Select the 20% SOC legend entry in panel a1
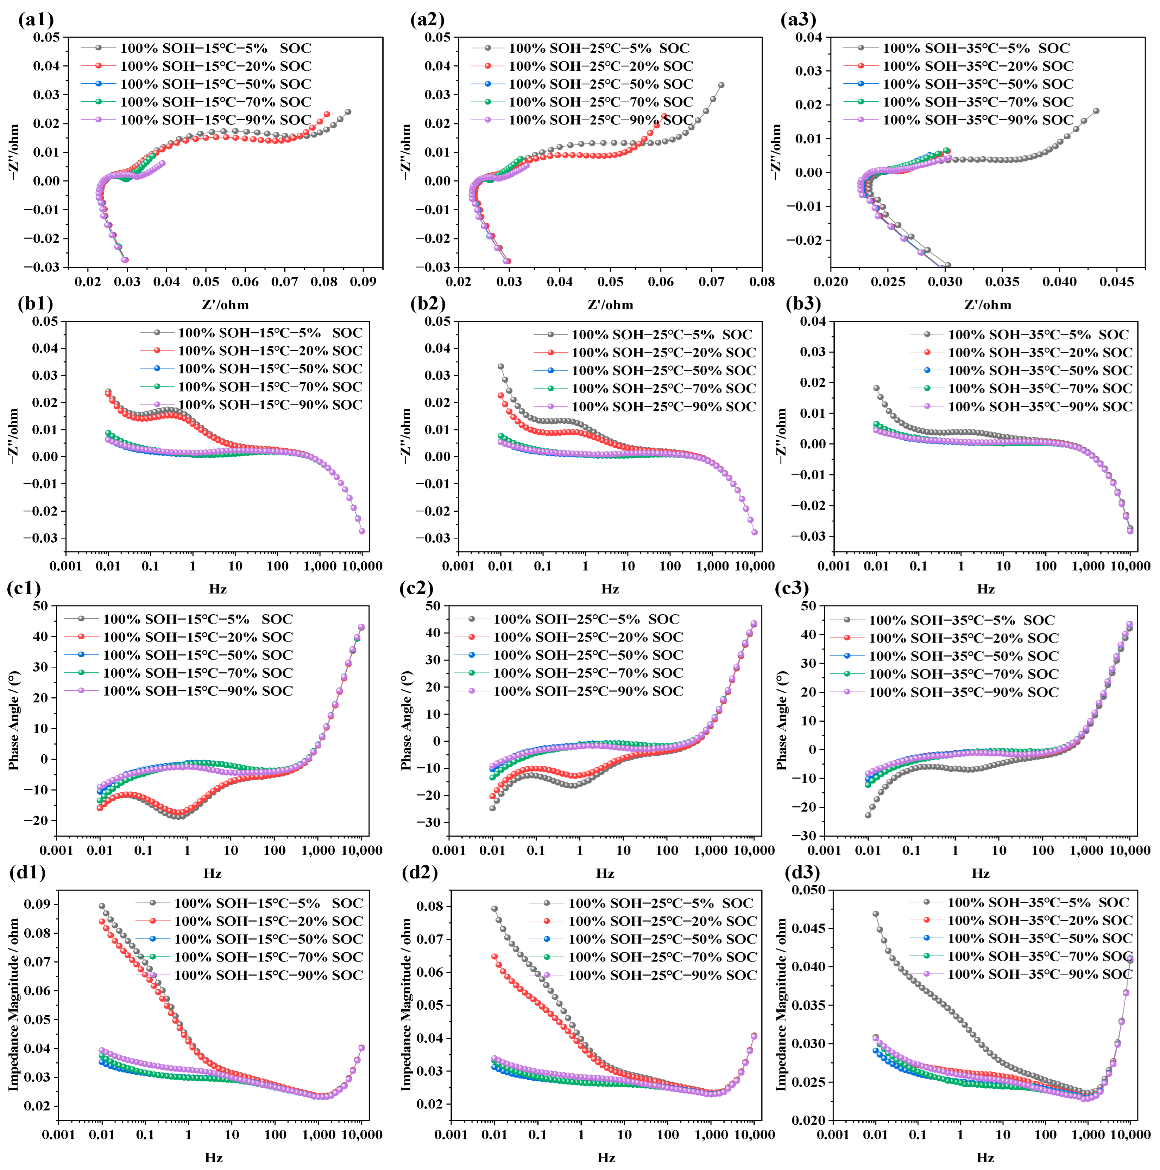click(215, 66)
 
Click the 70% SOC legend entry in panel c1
click(197, 673)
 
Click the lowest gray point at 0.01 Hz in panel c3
click(868, 815)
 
